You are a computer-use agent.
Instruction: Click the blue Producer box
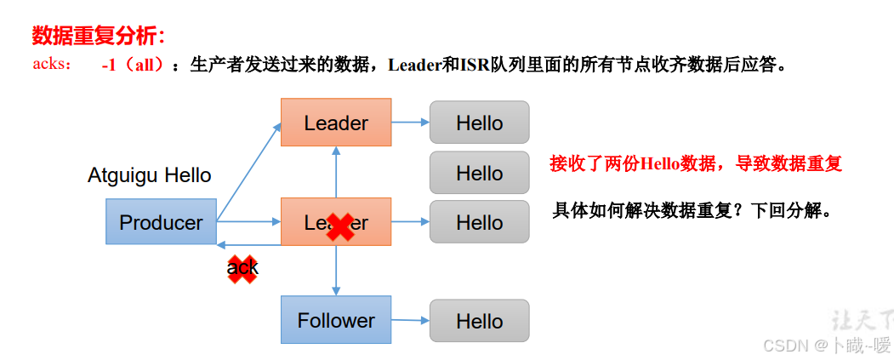[x=161, y=222]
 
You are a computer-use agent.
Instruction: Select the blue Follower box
[x=336, y=320]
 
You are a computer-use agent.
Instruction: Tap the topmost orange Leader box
[x=336, y=123]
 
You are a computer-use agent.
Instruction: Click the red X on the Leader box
[x=340, y=226]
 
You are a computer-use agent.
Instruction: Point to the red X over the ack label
[x=242, y=268]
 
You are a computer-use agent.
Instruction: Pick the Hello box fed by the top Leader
[x=479, y=123]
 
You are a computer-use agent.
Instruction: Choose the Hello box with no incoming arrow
[x=479, y=173]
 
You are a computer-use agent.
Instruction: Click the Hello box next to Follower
[x=479, y=321]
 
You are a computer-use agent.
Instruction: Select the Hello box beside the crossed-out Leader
[x=479, y=222]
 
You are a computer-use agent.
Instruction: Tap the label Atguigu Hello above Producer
[x=150, y=175]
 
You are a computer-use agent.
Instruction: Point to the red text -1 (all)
[x=132, y=66]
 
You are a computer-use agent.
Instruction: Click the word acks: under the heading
[x=53, y=65]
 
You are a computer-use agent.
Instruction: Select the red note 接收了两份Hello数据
[x=696, y=164]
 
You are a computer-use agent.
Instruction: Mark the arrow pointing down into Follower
[x=336, y=272]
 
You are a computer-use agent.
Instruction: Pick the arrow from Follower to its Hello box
[x=410, y=320]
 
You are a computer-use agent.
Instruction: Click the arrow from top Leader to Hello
[x=410, y=123]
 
